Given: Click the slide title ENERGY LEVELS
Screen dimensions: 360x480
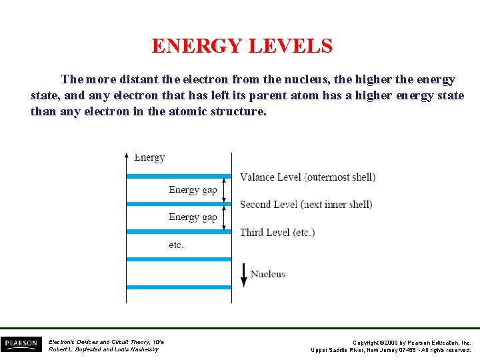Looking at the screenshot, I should (x=241, y=46).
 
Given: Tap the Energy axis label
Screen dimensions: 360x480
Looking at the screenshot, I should (x=149, y=157).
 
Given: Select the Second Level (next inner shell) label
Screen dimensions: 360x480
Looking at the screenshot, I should (x=306, y=204).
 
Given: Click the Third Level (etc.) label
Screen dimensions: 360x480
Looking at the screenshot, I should (x=277, y=232).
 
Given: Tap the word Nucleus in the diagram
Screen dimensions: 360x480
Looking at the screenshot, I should (x=268, y=274).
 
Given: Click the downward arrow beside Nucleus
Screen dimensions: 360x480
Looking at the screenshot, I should (x=244, y=273).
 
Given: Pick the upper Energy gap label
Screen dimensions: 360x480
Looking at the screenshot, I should (x=193, y=190).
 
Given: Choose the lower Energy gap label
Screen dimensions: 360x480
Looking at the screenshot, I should (x=193, y=217).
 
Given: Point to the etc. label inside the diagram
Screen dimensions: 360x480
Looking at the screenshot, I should (x=176, y=245).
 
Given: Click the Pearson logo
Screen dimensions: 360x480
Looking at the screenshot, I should (x=21, y=344).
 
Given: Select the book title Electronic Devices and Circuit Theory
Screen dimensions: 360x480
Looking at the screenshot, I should (x=106, y=342).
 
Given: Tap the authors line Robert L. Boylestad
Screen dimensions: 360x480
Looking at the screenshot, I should (x=103, y=349).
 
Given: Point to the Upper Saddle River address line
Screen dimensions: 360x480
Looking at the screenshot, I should (x=391, y=350).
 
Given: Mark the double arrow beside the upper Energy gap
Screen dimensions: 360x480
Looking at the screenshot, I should (x=225, y=190).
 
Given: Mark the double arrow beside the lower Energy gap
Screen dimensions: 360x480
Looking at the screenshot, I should (x=225, y=217).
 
